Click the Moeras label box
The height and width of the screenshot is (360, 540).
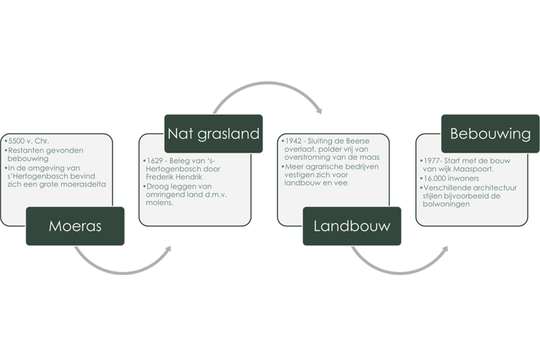75,226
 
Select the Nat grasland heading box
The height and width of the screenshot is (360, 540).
214,133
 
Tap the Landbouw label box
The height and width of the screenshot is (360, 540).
352,226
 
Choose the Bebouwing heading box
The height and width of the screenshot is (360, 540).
490,133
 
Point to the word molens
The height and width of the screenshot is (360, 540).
160,204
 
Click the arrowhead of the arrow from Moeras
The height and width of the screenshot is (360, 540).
169,249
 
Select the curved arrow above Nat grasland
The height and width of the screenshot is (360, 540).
267,88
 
